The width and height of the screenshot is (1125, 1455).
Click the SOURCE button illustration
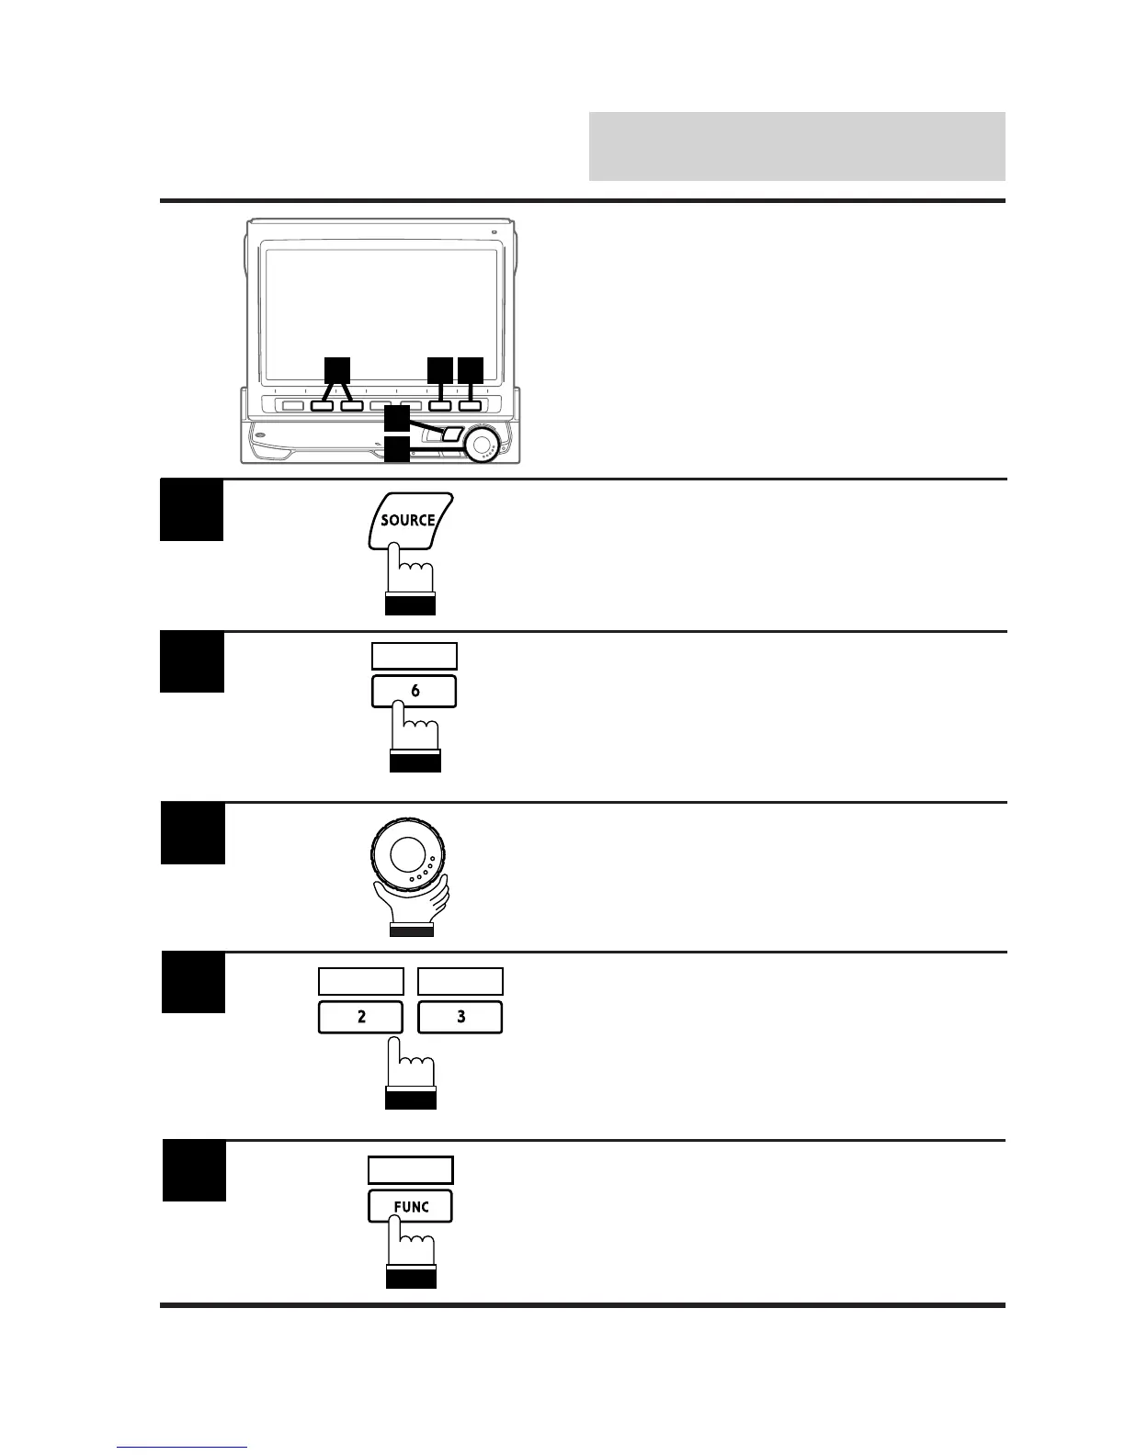409,521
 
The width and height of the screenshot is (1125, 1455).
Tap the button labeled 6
414,691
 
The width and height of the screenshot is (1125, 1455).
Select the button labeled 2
360,1017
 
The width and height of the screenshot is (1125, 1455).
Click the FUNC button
410,1206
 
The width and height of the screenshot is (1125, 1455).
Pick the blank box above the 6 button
414,656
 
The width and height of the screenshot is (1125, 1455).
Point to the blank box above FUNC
410,1169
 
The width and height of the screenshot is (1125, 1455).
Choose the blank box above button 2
360,981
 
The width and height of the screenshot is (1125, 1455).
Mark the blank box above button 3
460,981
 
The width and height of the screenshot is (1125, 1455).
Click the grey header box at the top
796,146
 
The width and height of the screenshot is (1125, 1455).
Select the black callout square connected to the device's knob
396,449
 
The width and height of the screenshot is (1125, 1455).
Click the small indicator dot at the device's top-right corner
494,231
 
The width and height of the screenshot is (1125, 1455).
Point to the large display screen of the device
379,312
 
